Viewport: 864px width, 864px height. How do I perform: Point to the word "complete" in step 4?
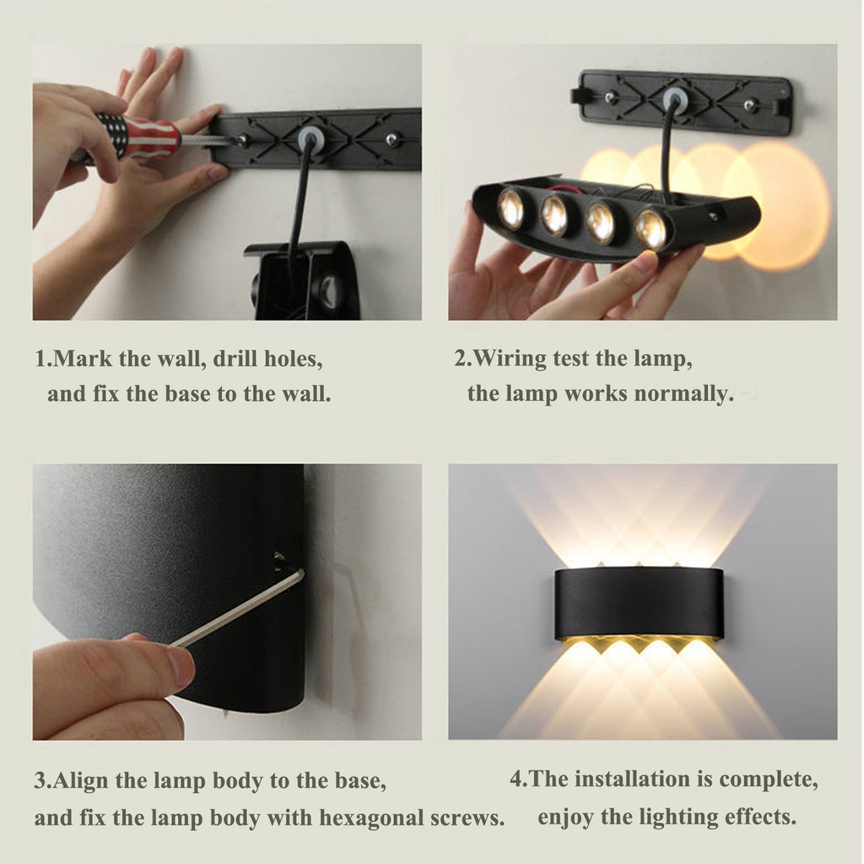tap(766, 779)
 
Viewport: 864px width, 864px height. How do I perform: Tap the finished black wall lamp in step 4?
tap(639, 603)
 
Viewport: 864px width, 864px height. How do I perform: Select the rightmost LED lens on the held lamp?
tap(651, 228)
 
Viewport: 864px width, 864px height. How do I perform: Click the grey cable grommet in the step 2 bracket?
tap(673, 100)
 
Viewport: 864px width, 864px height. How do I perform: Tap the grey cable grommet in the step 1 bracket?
tap(311, 138)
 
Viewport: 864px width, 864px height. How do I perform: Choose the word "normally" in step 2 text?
tap(687, 394)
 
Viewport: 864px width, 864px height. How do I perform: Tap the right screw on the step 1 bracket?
tap(391, 139)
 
